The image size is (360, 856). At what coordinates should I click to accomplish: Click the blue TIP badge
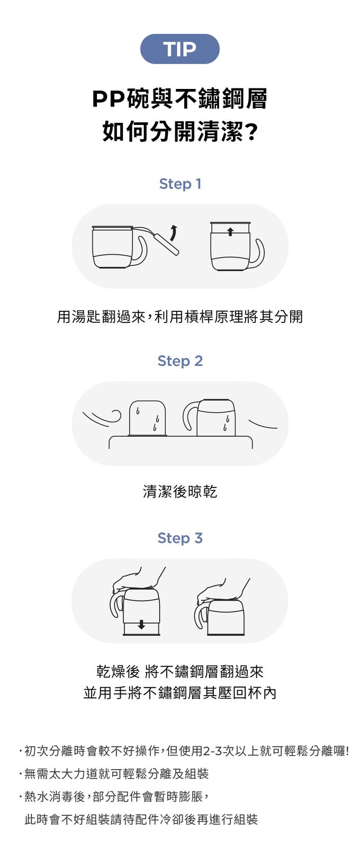click(180, 49)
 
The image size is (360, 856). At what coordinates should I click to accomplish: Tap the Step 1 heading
click(180, 184)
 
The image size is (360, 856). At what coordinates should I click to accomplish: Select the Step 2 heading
click(180, 361)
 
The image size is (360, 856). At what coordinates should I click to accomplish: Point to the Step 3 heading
click(180, 538)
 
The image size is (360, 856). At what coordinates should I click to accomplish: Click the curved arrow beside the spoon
click(174, 233)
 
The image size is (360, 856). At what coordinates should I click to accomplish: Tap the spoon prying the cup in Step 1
click(157, 238)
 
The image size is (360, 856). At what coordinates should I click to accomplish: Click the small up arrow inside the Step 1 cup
click(230, 231)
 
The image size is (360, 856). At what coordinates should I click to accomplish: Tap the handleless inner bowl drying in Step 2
click(148, 418)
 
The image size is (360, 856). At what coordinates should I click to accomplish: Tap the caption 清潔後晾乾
click(180, 491)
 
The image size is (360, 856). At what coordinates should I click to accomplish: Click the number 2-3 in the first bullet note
click(212, 751)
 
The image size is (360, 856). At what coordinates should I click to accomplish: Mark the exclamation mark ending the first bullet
click(347, 751)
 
